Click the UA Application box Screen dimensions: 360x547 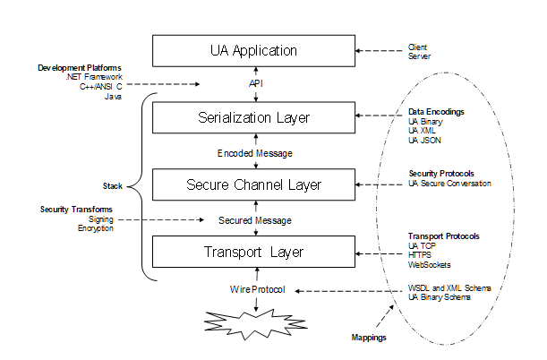click(253, 50)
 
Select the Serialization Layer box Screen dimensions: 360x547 click(253, 117)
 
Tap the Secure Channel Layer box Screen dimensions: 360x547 click(253, 185)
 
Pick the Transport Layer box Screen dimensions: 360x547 click(253, 252)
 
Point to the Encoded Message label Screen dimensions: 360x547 click(255, 153)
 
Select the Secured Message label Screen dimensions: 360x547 click(255, 219)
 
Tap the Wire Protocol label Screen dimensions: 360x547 click(255, 289)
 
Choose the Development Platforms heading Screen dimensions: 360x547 click(80, 68)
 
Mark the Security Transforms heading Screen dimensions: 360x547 click(76, 209)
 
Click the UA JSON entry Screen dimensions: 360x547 click(424, 141)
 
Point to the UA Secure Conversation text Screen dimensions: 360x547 click(450, 184)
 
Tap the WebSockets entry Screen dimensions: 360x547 click(429, 264)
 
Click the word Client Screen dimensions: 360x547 click(418, 46)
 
